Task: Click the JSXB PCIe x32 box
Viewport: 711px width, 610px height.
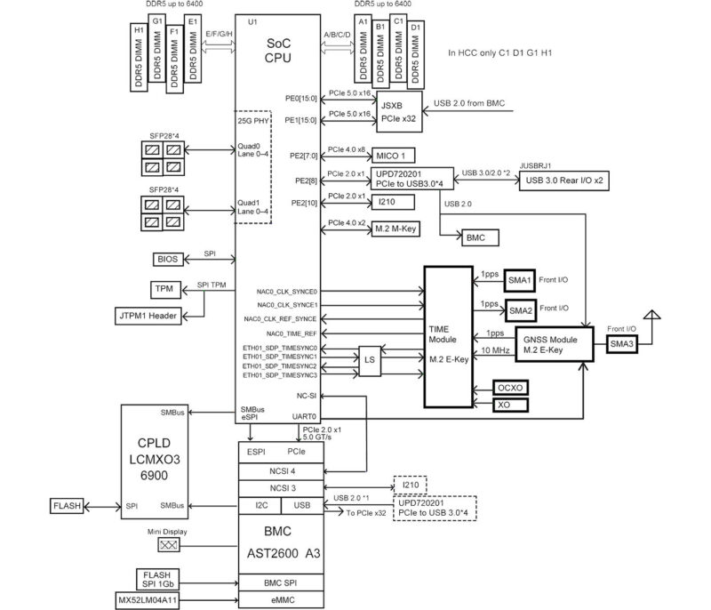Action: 397,110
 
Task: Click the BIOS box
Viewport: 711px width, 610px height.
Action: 167,260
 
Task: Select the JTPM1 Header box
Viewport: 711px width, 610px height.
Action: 150,315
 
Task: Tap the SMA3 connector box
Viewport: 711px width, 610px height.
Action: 621,344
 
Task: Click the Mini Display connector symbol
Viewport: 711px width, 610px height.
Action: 168,544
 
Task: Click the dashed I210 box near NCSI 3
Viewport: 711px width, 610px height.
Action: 411,486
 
